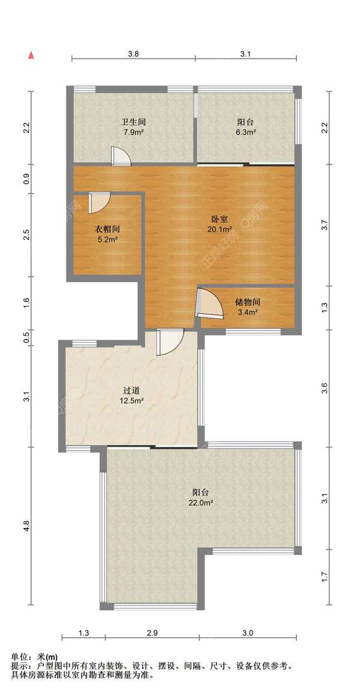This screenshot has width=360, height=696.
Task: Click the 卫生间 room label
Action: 133,122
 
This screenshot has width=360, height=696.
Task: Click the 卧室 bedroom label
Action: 218,219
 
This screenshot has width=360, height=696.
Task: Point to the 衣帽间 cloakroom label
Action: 107,229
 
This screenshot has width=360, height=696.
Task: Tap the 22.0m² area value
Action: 202,503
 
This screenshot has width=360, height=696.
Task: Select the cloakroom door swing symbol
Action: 97,202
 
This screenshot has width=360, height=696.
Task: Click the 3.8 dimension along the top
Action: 133,53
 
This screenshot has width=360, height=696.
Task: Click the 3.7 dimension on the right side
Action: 325,226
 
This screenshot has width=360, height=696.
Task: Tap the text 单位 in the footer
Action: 19,657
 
